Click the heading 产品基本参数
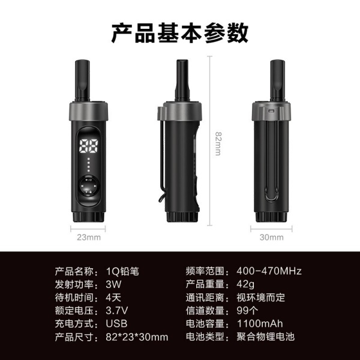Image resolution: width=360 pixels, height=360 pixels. (x=180, y=33)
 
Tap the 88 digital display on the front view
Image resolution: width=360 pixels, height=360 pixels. (x=89, y=146)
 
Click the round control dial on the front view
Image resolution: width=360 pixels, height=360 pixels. (x=89, y=186)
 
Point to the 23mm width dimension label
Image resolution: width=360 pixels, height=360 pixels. (x=89, y=238)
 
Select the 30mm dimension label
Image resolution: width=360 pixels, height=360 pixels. (x=271, y=238)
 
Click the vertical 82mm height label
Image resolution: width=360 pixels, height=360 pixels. (x=218, y=144)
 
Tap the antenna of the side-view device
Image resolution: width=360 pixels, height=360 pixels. (x=182, y=80)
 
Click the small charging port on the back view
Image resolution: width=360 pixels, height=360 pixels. (x=271, y=111)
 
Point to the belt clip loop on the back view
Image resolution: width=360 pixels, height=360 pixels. (x=271, y=161)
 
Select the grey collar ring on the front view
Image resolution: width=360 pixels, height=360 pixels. (x=89, y=112)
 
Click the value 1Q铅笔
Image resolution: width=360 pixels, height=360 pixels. (x=122, y=271)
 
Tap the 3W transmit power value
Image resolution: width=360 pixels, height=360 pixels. (x=113, y=284)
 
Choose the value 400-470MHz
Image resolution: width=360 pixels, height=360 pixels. (x=269, y=271)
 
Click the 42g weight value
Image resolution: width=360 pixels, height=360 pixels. (x=245, y=284)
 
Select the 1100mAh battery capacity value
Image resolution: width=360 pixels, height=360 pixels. (x=260, y=324)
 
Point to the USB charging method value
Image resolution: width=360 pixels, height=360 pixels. (x=116, y=324)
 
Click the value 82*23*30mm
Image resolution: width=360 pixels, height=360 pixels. (x=137, y=337)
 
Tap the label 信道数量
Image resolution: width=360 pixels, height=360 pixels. (x=205, y=311)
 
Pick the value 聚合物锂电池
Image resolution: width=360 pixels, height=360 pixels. (x=265, y=337)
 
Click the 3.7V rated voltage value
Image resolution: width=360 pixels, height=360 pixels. (x=116, y=311)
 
